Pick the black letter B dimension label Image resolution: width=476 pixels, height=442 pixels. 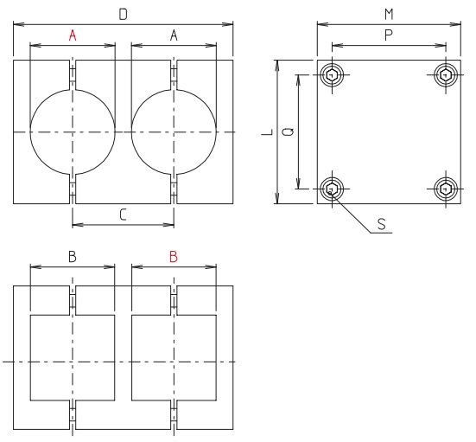(x=73, y=257)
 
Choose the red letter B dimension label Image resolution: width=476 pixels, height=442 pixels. (x=174, y=257)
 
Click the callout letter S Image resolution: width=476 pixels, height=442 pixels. (x=381, y=223)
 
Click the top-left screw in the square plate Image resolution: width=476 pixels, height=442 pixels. (x=332, y=75)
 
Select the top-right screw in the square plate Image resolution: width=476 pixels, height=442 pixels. (x=445, y=75)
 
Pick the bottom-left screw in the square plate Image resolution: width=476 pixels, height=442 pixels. (x=332, y=188)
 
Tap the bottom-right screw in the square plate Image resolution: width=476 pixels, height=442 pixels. (x=445, y=188)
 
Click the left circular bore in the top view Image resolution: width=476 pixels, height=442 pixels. (x=73, y=131)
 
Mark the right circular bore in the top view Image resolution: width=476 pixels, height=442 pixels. (x=174, y=131)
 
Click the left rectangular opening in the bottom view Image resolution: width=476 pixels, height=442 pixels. (x=73, y=359)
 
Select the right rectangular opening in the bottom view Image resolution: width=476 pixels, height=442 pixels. (x=174, y=359)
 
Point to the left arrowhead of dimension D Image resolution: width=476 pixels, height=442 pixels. (x=16, y=23)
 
